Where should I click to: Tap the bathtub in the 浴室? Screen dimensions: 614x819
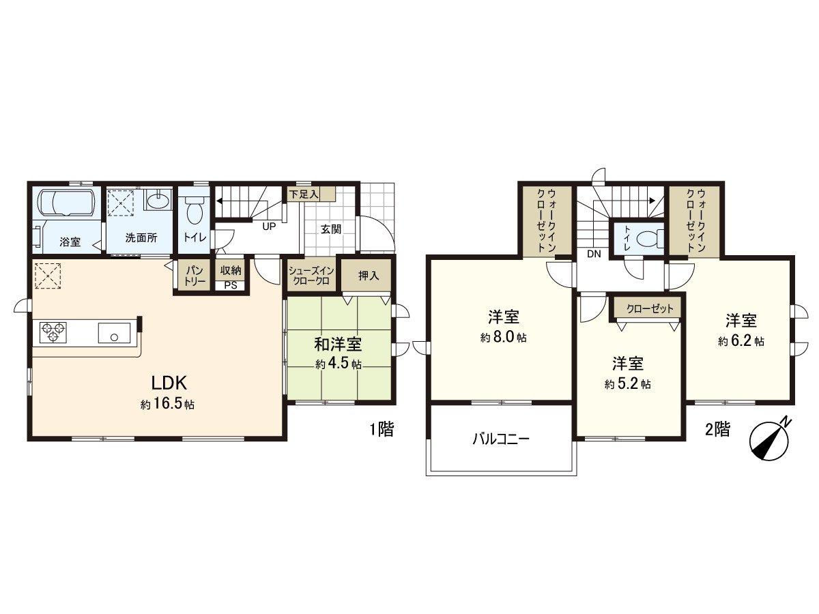click(x=66, y=203)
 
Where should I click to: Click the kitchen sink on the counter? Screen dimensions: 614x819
click(x=114, y=334)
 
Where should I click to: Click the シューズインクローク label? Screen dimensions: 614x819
click(x=310, y=276)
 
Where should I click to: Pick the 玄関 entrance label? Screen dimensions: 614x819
click(x=332, y=229)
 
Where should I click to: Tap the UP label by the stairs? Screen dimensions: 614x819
click(x=269, y=226)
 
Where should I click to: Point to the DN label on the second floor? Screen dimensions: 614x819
click(x=593, y=254)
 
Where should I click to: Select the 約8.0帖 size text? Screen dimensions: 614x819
click(x=503, y=337)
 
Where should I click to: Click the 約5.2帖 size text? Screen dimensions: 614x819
click(x=627, y=384)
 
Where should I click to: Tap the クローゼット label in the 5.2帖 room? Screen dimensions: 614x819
click(x=648, y=308)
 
